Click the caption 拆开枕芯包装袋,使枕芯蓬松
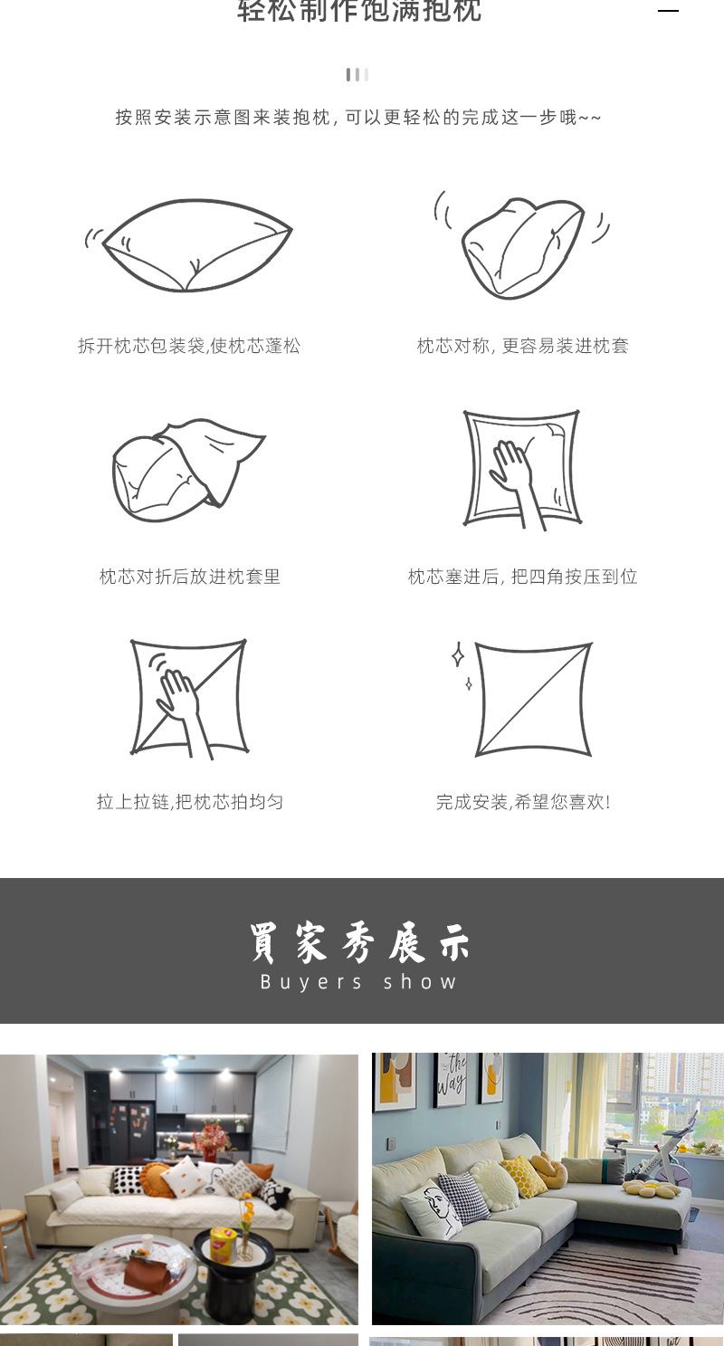pos(189,346)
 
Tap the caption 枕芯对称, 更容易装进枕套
pos(522,346)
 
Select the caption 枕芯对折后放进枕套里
pos(189,577)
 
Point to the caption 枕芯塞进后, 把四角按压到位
pos(522,577)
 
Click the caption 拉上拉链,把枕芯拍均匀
pos(189,802)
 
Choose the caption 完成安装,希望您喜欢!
pos(522,802)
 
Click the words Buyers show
pos(359,982)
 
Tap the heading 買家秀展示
pos(359,943)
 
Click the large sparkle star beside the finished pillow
pos(458,654)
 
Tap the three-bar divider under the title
pos(357,74)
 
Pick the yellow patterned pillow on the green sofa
pos(524,1176)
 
